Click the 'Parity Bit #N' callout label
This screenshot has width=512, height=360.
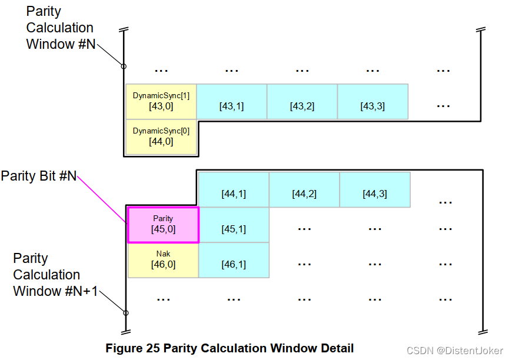39,176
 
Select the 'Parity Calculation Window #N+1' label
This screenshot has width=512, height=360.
55,275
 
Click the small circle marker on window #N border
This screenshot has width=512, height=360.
124,66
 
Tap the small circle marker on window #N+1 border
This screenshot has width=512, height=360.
125,313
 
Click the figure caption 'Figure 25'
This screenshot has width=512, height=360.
230,348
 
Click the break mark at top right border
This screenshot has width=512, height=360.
481,30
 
